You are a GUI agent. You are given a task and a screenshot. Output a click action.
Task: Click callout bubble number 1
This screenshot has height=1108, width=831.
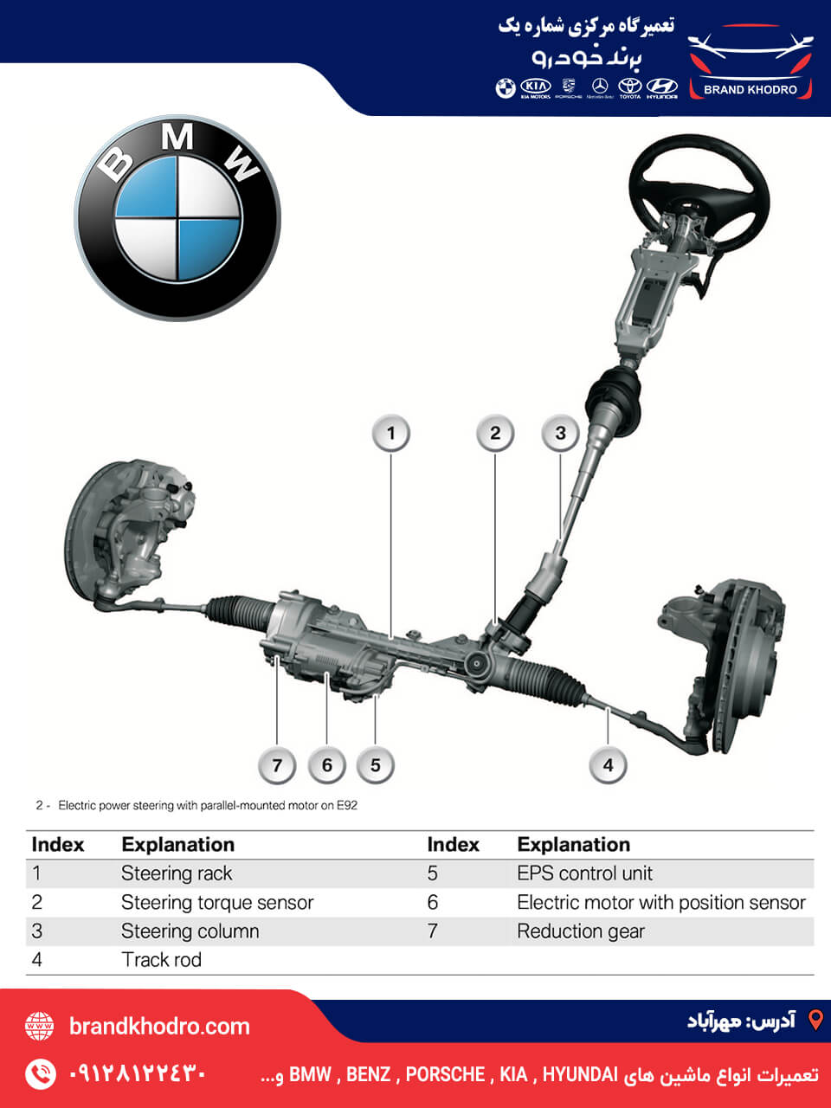point(390,434)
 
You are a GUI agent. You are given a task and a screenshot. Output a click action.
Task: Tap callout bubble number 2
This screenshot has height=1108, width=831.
point(495,434)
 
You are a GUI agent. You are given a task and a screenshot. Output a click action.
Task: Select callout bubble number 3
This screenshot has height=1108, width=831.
point(560,434)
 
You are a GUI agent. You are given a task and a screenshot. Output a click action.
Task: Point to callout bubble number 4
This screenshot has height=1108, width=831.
point(608,765)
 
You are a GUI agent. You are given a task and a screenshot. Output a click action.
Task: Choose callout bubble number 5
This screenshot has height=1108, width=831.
point(375,765)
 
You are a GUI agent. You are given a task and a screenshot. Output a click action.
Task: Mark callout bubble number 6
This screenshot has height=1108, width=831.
point(326,765)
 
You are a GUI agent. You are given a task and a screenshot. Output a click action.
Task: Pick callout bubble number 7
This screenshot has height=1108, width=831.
point(277,765)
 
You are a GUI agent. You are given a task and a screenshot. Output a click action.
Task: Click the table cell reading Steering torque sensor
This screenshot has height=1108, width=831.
point(216,903)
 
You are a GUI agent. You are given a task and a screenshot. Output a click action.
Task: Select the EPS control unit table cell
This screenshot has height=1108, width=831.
point(584,873)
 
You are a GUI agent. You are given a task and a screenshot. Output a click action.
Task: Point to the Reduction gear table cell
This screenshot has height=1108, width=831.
point(580,931)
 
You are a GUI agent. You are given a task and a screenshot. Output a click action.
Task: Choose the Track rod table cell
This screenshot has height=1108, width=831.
point(161,960)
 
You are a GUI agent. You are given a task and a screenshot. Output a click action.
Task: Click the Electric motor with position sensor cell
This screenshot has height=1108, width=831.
point(660,903)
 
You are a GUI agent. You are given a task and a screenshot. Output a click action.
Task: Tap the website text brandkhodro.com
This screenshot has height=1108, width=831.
point(159,1027)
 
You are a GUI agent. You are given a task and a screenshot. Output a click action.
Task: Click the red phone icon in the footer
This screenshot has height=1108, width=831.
point(40,1074)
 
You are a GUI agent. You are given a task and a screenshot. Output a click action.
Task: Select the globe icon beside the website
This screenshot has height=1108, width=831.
point(40,1027)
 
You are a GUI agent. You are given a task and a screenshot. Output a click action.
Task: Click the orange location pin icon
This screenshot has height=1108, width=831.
point(815,1020)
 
